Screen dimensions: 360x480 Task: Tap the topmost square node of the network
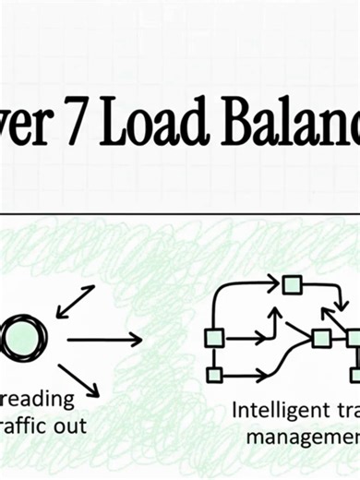pyautogui.click(x=292, y=284)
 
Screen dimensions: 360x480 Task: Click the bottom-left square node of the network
pyautogui.click(x=214, y=374)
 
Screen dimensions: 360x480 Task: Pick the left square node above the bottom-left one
pyautogui.click(x=214, y=338)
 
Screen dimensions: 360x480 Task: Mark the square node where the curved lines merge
pyautogui.click(x=321, y=338)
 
